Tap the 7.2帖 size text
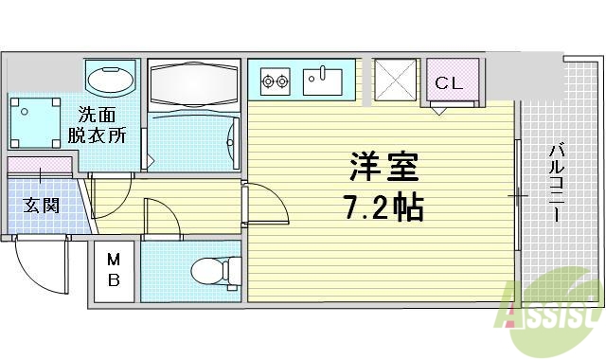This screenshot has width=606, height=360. coord(382,207)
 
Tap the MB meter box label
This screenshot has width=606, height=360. coord(113,270)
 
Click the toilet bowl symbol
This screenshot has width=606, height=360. coord(210,272)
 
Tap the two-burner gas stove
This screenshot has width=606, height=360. coord(275,81)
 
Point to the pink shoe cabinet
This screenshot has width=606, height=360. coord(40,165)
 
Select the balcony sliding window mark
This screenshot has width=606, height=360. coord(518,195)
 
